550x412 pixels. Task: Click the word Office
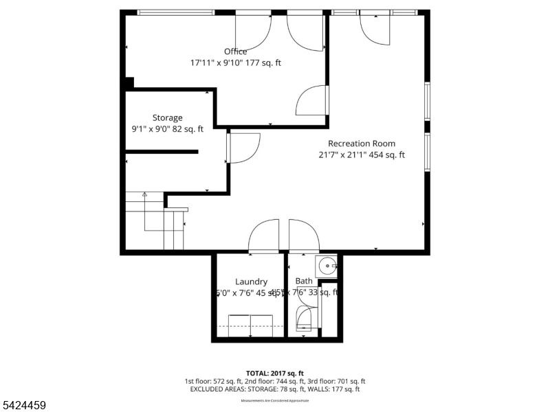pyautogui.click(x=235, y=51)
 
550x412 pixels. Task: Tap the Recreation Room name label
pyautogui.click(x=362, y=144)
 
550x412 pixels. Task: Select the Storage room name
pyautogui.click(x=167, y=117)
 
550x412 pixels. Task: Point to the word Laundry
pyautogui.click(x=251, y=282)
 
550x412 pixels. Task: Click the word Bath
pyautogui.click(x=304, y=281)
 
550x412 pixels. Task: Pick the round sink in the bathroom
pyautogui.click(x=327, y=264)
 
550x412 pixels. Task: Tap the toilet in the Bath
pyautogui.click(x=302, y=319)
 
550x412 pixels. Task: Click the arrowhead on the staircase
pyautogui.click(x=144, y=195)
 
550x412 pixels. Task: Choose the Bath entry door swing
pyautogui.click(x=304, y=237)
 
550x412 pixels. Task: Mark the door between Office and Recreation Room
pyautogui.click(x=313, y=100)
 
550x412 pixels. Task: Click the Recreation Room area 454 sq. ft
pyautogui.click(x=388, y=154)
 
